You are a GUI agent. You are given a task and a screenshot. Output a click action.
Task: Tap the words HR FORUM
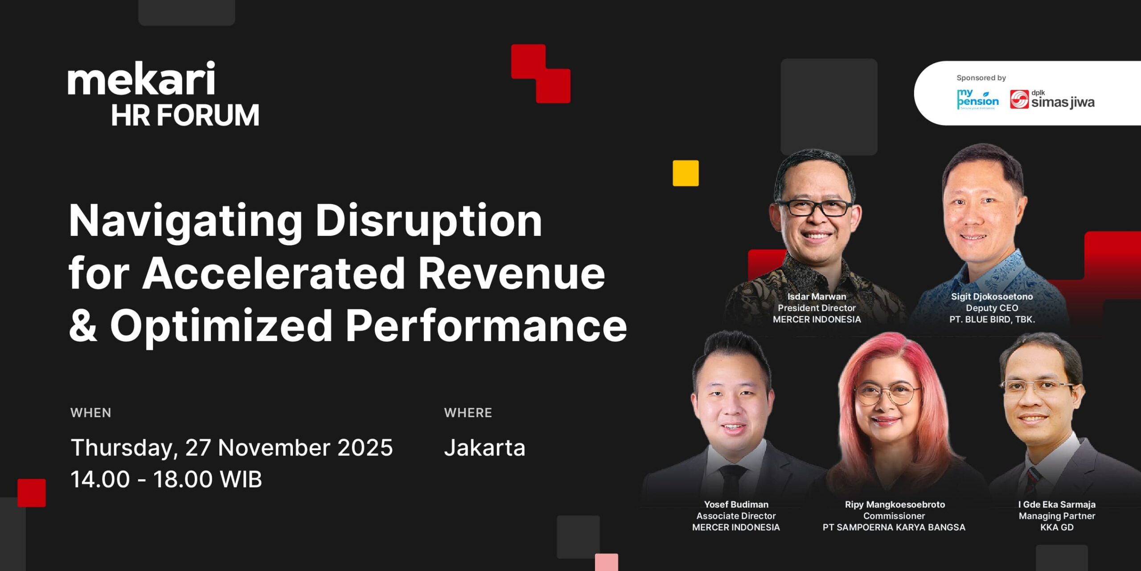pyautogui.click(x=185, y=115)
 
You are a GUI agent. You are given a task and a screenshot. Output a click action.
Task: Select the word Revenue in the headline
pyautogui.click(x=512, y=273)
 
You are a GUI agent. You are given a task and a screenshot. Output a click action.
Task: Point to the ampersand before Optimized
pyautogui.click(x=83, y=325)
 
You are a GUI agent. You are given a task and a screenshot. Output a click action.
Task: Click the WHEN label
pyautogui.click(x=91, y=413)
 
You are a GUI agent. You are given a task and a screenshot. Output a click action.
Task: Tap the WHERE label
pyautogui.click(x=468, y=413)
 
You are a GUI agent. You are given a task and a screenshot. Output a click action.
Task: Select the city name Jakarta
pyautogui.click(x=484, y=448)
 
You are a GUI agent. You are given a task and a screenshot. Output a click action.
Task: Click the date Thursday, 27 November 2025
pyautogui.click(x=232, y=448)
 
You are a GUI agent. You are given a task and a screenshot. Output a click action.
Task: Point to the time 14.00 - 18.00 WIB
pyautogui.click(x=166, y=479)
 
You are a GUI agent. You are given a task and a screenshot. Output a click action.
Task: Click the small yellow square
pyautogui.click(x=685, y=173)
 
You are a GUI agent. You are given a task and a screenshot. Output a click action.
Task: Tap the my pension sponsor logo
pyautogui.click(x=978, y=99)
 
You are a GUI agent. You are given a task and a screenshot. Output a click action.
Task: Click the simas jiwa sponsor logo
pyautogui.click(x=1052, y=99)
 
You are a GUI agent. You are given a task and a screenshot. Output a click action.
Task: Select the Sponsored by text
pyautogui.click(x=981, y=78)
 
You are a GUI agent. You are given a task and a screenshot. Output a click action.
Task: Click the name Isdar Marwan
pyautogui.click(x=817, y=296)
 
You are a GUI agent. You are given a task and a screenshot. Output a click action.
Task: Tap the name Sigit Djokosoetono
pyautogui.click(x=992, y=296)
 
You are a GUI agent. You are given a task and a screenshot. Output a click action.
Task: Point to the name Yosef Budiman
pyautogui.click(x=736, y=504)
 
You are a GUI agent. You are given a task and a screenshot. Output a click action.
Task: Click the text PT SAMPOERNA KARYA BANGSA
pyautogui.click(x=894, y=527)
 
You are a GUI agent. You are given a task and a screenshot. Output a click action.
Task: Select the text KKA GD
pyautogui.click(x=1057, y=527)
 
